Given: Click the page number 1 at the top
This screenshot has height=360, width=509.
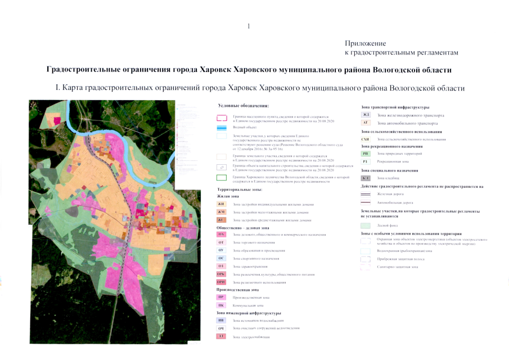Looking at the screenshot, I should pos(249,26).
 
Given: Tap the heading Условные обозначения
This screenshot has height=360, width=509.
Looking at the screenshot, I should pos(244,105).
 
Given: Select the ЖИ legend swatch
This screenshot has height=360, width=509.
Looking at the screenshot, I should pos(221,204).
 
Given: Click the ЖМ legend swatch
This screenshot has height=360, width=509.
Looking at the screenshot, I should pos(221,212).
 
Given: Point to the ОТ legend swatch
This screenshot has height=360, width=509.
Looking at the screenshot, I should pos(221,242).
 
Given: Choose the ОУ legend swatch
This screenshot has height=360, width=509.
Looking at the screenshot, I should pos(221,250).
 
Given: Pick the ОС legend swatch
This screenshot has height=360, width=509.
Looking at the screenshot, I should pos(221,258).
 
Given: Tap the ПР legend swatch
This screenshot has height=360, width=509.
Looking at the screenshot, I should pos(221,296).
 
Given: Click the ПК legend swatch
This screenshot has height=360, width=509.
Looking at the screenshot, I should pos(221,304).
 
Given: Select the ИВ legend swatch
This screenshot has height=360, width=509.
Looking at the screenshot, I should pos(221,319).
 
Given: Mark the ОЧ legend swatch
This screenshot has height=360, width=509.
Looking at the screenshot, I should pos(221,327).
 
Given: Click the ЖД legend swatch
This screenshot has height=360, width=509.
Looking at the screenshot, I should pos(366,115).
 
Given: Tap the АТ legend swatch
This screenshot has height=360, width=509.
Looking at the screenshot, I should pos(366,123).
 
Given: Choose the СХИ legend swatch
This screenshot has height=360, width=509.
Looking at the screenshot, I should pos(366,138).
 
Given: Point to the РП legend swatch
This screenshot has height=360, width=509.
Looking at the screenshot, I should pos(366,154).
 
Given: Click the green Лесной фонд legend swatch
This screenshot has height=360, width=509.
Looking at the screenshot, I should pos(366,224).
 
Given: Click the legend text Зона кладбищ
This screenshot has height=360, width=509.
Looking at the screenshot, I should pos(388,178).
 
